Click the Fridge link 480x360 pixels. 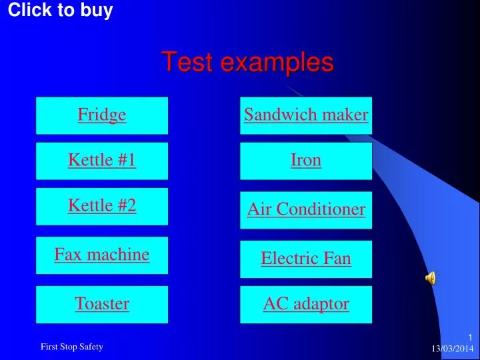102,115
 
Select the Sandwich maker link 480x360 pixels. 306,115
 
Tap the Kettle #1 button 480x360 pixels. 102,160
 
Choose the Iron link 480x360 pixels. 306,160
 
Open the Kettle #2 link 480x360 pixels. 102,205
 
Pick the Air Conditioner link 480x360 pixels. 306,210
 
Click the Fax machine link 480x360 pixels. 102,254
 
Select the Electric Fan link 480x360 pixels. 306,259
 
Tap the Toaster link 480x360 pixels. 102,304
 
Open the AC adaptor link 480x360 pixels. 306,304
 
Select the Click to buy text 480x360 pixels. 60,10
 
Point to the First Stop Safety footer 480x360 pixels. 72,346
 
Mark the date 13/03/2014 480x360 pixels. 452,349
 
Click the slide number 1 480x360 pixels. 469,337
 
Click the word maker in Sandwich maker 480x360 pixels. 345,115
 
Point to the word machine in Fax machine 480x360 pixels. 121,254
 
